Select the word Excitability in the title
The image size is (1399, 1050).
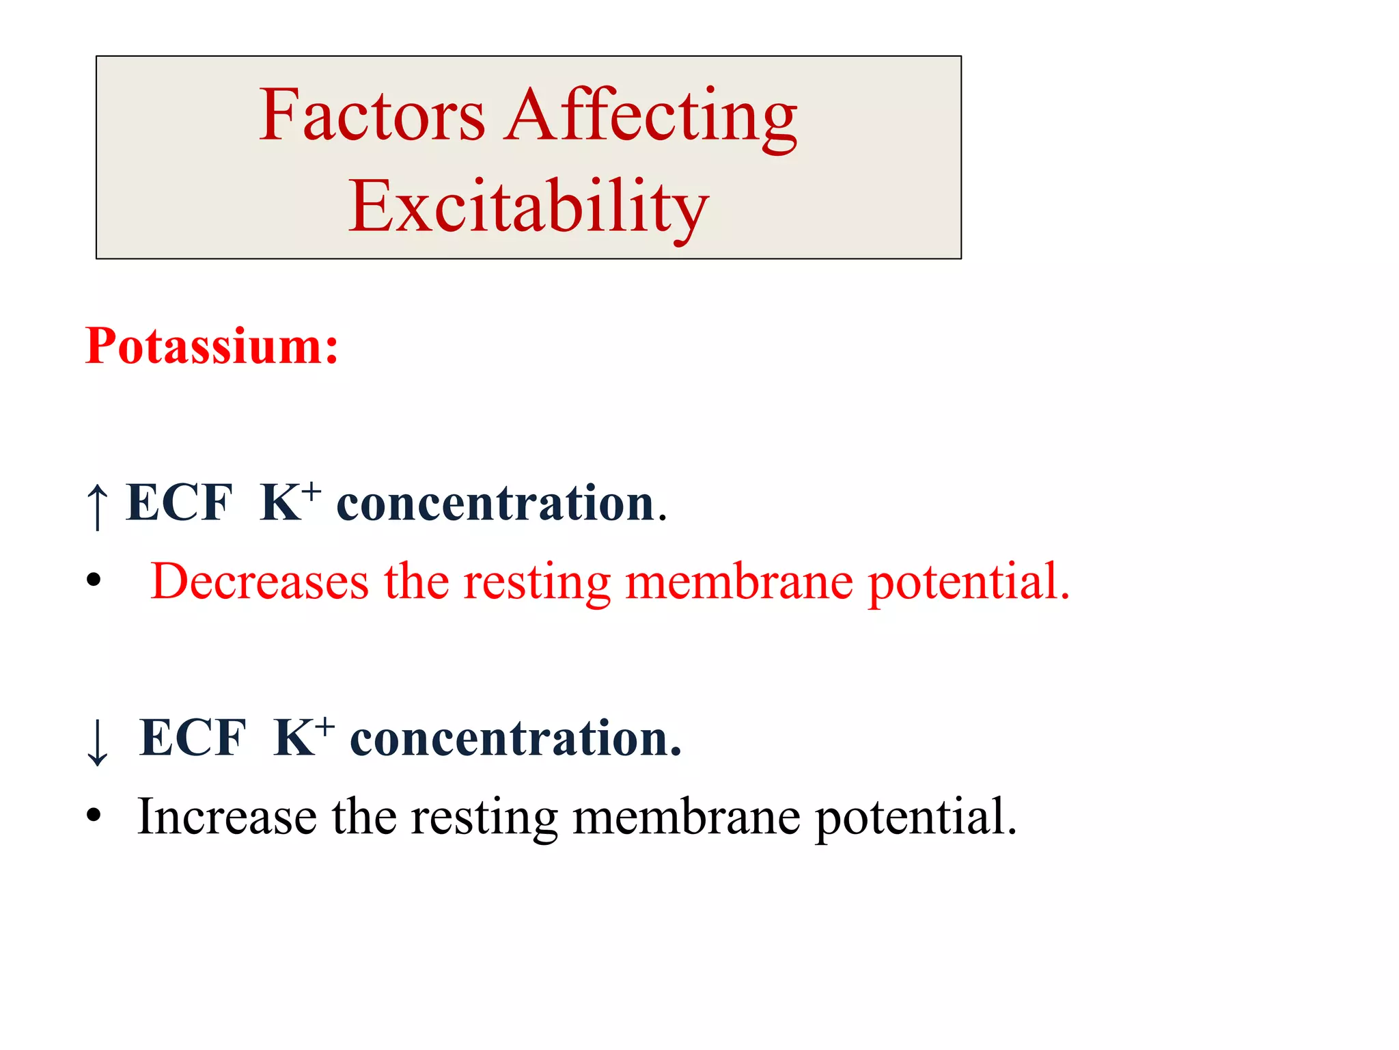[x=528, y=206]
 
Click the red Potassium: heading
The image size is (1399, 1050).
[x=212, y=346]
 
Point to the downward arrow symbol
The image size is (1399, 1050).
[x=98, y=742]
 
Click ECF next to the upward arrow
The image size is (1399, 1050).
[x=179, y=503]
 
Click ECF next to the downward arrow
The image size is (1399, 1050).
[x=192, y=738]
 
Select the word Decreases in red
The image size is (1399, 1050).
[x=260, y=582]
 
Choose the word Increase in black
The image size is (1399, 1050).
[x=227, y=817]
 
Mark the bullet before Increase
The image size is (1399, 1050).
[x=94, y=816]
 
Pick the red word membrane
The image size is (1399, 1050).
[x=739, y=582]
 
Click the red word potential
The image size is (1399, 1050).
[x=968, y=582]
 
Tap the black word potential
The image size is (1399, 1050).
[x=915, y=817]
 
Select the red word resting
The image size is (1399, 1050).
[x=537, y=582]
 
